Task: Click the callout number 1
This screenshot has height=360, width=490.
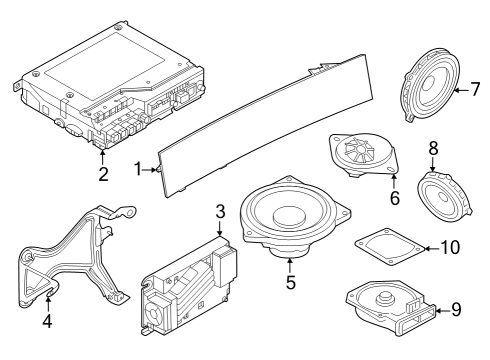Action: [138, 170]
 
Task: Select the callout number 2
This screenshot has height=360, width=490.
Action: [103, 175]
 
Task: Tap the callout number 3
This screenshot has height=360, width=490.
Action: [221, 212]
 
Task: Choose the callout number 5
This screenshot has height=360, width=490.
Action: [290, 283]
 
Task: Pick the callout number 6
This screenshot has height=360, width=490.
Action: [394, 198]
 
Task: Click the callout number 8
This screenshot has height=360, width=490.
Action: [433, 148]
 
